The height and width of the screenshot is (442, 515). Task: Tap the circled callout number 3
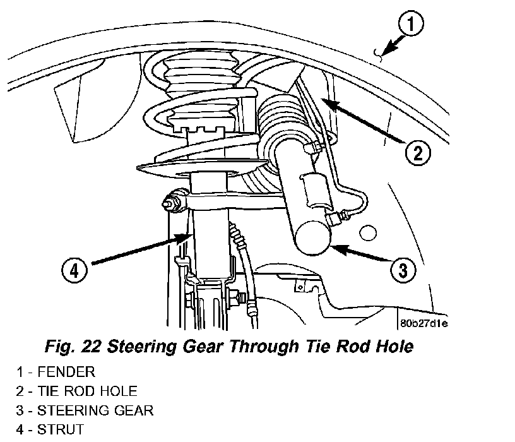point(402,271)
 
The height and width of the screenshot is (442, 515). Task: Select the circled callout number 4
point(74,271)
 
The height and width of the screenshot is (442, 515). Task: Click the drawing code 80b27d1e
point(423,324)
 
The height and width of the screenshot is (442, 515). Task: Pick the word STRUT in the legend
point(61,431)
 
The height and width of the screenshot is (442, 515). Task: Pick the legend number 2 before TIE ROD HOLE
point(20,391)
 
